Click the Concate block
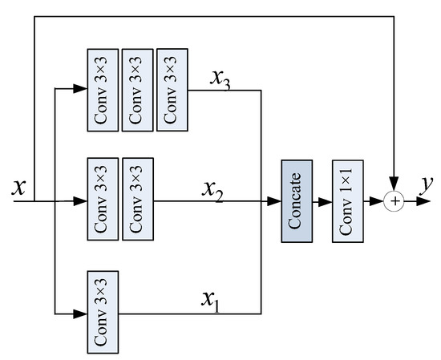[295, 200]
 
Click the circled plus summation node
[394, 201]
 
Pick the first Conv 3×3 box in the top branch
[102, 91]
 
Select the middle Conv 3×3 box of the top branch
[136, 91]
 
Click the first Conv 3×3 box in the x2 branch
[102, 200]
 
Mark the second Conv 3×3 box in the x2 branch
[136, 200]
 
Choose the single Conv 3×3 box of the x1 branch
[102, 312]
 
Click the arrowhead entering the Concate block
[275, 201]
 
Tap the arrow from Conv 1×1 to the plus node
[375, 201]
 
